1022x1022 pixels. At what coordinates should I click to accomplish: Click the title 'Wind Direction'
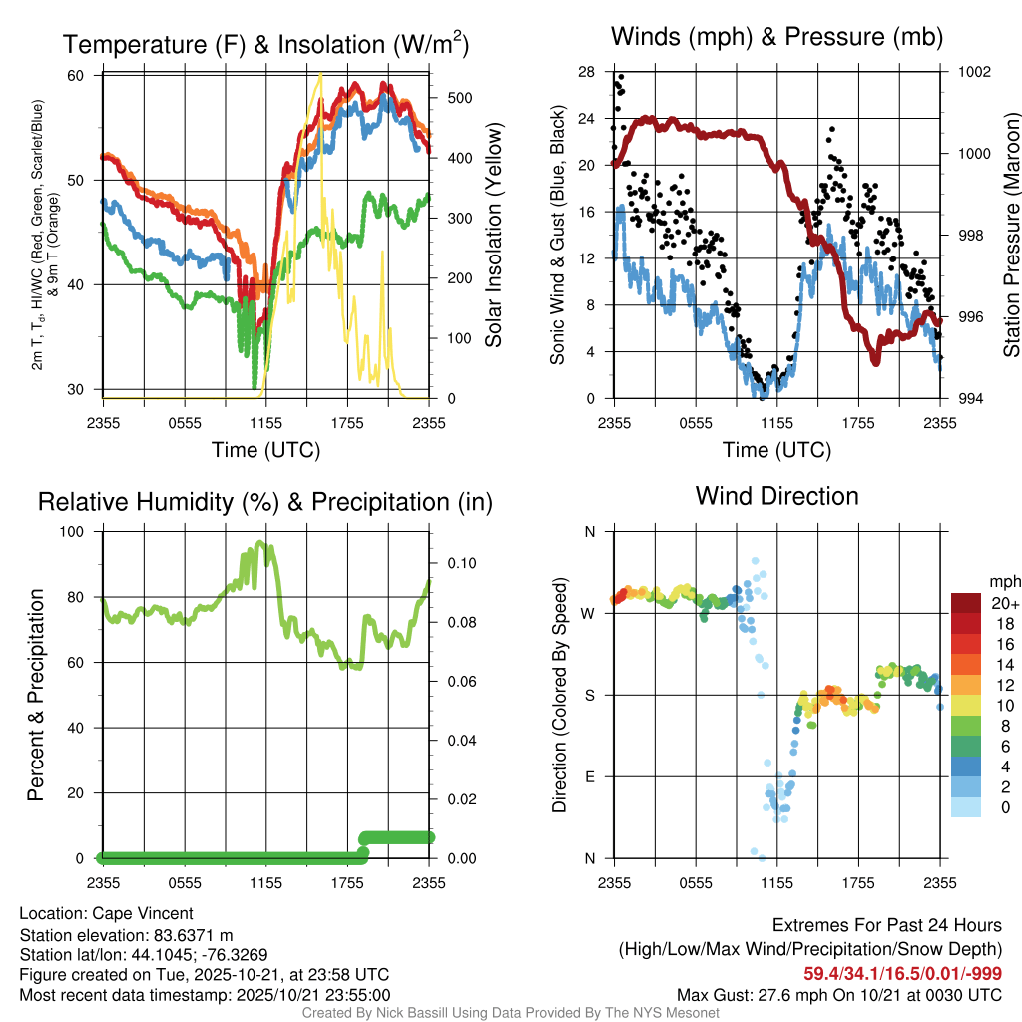pyautogui.click(x=776, y=496)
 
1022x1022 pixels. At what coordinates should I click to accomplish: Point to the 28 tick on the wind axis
pyautogui.click(x=586, y=72)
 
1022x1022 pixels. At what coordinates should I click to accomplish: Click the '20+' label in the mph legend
pyautogui.click(x=1003, y=603)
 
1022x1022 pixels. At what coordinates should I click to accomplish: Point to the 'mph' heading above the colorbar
pyautogui.click(x=1003, y=581)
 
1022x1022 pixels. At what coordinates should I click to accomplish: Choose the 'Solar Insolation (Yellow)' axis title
pyautogui.click(x=493, y=236)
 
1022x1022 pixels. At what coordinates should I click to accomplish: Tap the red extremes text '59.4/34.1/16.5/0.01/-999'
pyautogui.click(x=903, y=973)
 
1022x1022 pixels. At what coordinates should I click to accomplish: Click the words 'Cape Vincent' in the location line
pyautogui.click(x=142, y=913)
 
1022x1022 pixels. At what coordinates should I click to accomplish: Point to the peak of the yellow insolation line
pyautogui.click(x=320, y=73)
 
